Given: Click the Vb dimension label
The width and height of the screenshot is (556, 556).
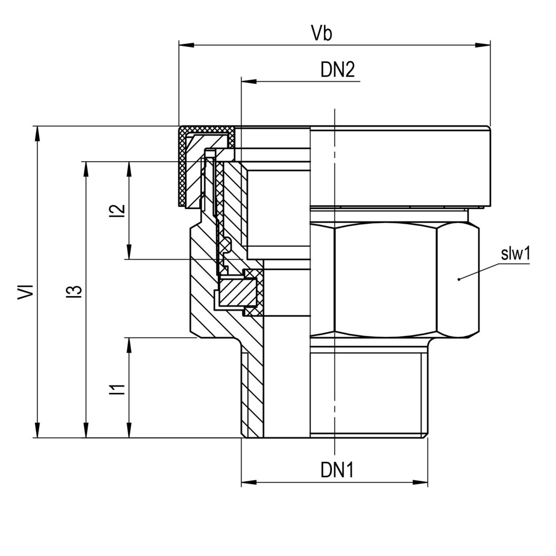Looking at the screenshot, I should click(x=322, y=33).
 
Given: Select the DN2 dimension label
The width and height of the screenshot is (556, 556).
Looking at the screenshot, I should click(x=338, y=69).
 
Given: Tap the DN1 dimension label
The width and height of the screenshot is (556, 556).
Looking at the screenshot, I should click(x=337, y=470).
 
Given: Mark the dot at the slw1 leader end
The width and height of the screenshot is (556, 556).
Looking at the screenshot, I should click(x=458, y=279).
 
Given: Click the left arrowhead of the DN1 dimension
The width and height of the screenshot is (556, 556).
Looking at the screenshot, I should click(x=249, y=482).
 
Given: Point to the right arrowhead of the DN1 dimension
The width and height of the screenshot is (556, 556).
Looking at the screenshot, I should click(x=421, y=482).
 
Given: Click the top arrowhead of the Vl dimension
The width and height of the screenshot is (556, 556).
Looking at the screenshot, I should click(x=37, y=133).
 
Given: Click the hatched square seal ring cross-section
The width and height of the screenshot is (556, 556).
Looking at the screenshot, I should click(x=238, y=292).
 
